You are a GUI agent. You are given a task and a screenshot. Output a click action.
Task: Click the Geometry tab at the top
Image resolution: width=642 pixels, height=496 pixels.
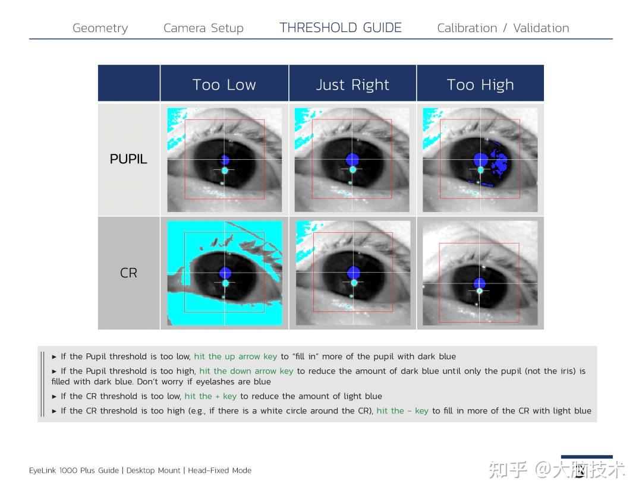pyautogui.click(x=100, y=28)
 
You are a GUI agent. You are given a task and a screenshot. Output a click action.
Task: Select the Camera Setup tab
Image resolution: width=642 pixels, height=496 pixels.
pyautogui.click(x=203, y=28)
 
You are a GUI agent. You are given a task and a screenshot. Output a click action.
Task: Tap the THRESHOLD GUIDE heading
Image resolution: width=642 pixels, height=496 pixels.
pyautogui.click(x=341, y=28)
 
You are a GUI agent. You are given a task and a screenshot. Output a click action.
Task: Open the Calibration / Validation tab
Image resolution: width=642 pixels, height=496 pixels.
pyautogui.click(x=503, y=28)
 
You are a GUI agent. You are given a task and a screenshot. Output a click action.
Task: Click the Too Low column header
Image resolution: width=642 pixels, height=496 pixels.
pyautogui.click(x=224, y=85)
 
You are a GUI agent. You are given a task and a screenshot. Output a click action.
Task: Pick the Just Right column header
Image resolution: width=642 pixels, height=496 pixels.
pyautogui.click(x=353, y=85)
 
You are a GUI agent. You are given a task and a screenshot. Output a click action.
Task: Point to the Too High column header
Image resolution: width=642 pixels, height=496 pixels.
pyautogui.click(x=480, y=85)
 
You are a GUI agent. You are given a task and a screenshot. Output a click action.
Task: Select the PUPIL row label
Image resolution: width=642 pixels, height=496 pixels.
pyautogui.click(x=128, y=159)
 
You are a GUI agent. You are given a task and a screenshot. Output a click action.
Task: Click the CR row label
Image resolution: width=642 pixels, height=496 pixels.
pyautogui.click(x=128, y=273)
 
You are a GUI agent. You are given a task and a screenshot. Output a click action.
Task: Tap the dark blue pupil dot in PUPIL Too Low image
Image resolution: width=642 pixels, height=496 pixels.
pyautogui.click(x=225, y=159)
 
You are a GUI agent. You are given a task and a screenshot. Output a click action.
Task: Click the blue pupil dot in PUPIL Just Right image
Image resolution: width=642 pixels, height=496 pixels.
pyautogui.click(x=353, y=159)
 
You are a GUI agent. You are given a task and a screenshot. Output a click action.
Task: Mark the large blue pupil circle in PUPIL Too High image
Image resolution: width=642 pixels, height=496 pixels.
pyautogui.click(x=481, y=159)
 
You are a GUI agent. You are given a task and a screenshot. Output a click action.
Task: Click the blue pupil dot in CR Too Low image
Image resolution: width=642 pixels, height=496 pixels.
pyautogui.click(x=225, y=273)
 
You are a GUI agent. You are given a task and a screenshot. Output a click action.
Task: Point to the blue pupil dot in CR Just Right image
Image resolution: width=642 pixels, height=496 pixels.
pyautogui.click(x=354, y=273)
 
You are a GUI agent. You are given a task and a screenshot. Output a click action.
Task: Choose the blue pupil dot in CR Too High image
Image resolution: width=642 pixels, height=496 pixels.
pyautogui.click(x=479, y=283)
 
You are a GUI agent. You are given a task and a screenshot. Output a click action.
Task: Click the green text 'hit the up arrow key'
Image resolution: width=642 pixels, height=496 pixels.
pyautogui.click(x=235, y=356)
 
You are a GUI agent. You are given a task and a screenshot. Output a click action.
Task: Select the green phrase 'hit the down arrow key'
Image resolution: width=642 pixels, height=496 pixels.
pyautogui.click(x=246, y=371)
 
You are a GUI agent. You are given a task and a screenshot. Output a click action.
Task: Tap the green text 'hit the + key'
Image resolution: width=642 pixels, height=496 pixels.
pyautogui.click(x=210, y=396)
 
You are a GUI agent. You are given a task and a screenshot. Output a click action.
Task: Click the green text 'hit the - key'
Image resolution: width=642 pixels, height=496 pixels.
pyautogui.click(x=402, y=410)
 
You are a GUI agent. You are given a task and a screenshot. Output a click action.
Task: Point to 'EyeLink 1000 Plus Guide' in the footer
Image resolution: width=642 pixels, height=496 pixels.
pyautogui.click(x=74, y=470)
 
